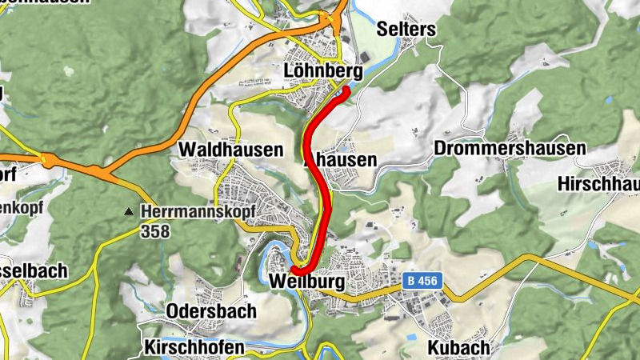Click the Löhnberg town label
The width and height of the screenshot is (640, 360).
(x=323, y=72)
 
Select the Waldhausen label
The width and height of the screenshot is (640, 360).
(x=230, y=150)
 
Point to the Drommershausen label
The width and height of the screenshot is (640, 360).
(x=510, y=149)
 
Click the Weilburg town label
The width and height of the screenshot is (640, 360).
(x=306, y=282)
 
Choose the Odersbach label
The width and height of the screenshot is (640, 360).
(x=211, y=311)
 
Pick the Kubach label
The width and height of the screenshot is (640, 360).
(x=457, y=348)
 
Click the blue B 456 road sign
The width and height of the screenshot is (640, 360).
(x=422, y=282)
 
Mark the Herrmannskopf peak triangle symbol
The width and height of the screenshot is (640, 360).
(x=128, y=212)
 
